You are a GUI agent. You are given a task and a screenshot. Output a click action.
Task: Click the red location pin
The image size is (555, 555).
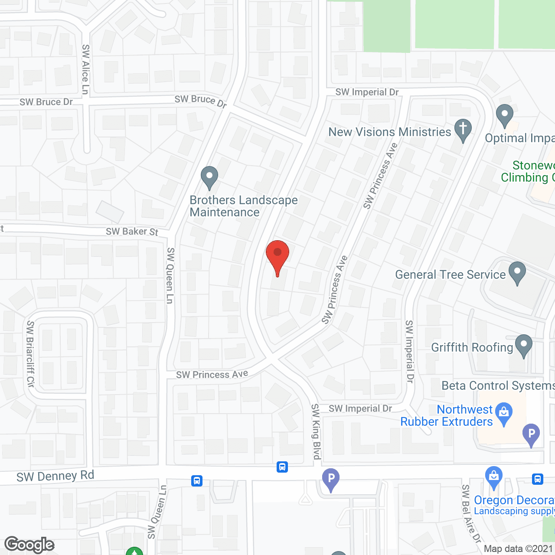tap(277, 256)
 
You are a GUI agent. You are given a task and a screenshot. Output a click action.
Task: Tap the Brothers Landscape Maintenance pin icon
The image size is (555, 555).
tap(209, 177)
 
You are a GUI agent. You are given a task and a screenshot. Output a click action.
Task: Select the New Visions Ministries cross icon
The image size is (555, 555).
tap(463, 130)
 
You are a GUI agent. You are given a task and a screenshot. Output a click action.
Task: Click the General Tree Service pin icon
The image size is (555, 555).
tap(517, 273)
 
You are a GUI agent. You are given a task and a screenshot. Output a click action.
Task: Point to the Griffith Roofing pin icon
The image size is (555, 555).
tap(524, 346)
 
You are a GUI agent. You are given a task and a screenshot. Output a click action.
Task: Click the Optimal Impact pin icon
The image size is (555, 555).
tap(505, 115)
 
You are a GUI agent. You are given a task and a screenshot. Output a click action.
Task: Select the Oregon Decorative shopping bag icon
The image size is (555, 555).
tap(494, 477)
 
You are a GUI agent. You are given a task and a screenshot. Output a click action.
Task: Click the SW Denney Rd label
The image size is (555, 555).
tap(55, 476)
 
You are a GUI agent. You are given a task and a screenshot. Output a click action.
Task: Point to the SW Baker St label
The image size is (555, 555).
tap(132, 232)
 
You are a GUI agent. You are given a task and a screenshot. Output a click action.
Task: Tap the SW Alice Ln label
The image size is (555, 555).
tap(85, 69)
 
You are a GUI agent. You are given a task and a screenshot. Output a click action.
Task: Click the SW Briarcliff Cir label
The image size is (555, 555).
tap(30, 354)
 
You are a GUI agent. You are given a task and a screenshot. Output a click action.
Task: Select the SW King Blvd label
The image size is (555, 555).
tap(316, 431)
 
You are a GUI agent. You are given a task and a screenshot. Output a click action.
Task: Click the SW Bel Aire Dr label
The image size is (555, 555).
tap(471, 514)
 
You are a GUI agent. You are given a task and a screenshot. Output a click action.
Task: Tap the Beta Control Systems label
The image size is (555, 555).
tap(498, 385)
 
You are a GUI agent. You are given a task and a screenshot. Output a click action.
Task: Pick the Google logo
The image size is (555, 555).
tap(29, 545)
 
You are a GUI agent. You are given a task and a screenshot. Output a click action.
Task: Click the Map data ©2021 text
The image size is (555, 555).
tap(519, 548)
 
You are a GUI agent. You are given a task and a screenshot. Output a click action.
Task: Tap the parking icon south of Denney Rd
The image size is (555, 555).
tap(331, 480)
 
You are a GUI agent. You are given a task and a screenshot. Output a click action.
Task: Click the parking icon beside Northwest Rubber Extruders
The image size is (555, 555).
tap(531, 434)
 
